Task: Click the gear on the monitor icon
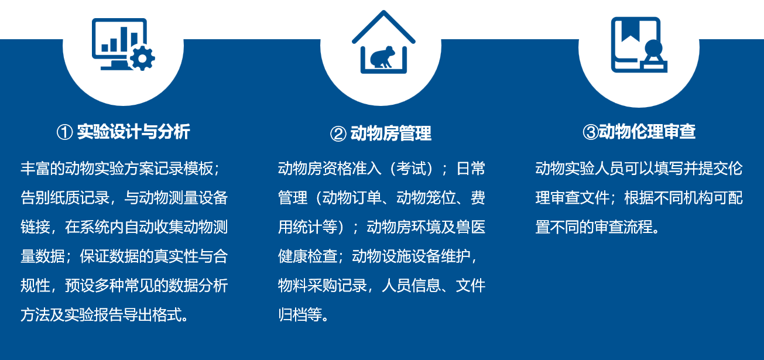[142, 59]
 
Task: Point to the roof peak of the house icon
[383, 13]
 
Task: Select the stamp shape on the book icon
[653, 56]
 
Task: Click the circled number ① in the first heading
[64, 132]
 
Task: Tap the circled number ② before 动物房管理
[338, 134]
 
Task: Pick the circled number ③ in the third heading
[590, 132]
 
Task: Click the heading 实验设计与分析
[133, 132]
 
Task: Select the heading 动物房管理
[390, 133]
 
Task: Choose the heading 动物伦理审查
[647, 132]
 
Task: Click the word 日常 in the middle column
[470, 169]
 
